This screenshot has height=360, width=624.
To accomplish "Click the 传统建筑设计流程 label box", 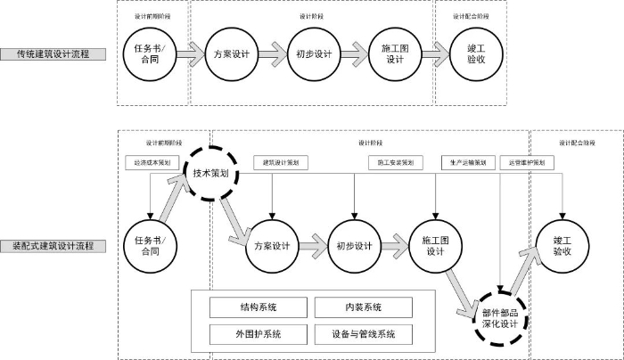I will [53, 54].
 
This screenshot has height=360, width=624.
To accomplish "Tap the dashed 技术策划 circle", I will [212, 174].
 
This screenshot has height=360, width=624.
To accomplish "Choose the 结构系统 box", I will [259, 307].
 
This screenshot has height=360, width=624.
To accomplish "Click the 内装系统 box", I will [364, 307].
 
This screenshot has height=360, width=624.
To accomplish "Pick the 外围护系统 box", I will [259, 334].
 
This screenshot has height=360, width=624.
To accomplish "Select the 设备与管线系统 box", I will [364, 334].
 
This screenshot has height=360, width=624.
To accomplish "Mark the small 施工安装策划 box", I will [394, 163].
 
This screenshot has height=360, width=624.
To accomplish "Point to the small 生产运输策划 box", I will [465, 163].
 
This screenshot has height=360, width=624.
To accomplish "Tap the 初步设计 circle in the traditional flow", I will [314, 53].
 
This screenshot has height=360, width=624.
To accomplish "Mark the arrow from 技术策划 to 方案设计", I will [234, 217].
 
